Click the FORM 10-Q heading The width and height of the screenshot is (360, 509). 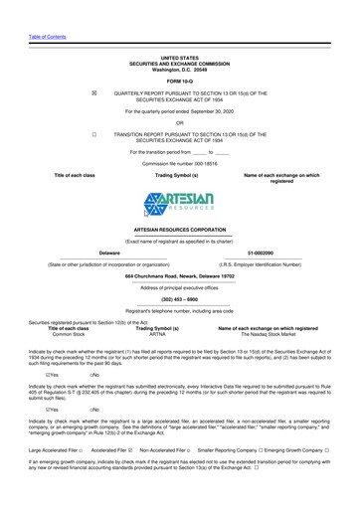pos(180,81)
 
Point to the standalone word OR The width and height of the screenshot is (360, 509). pos(180,122)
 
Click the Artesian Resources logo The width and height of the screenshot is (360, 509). pos(180,206)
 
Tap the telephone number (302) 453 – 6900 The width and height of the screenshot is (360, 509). pos(180,326)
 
